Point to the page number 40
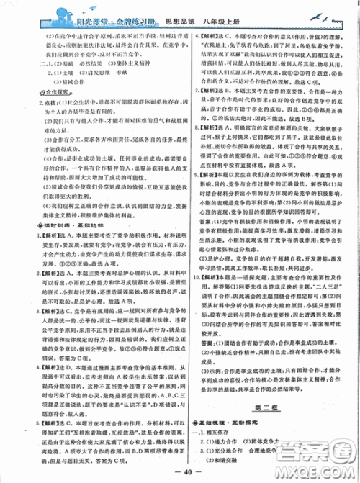point(179,472)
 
